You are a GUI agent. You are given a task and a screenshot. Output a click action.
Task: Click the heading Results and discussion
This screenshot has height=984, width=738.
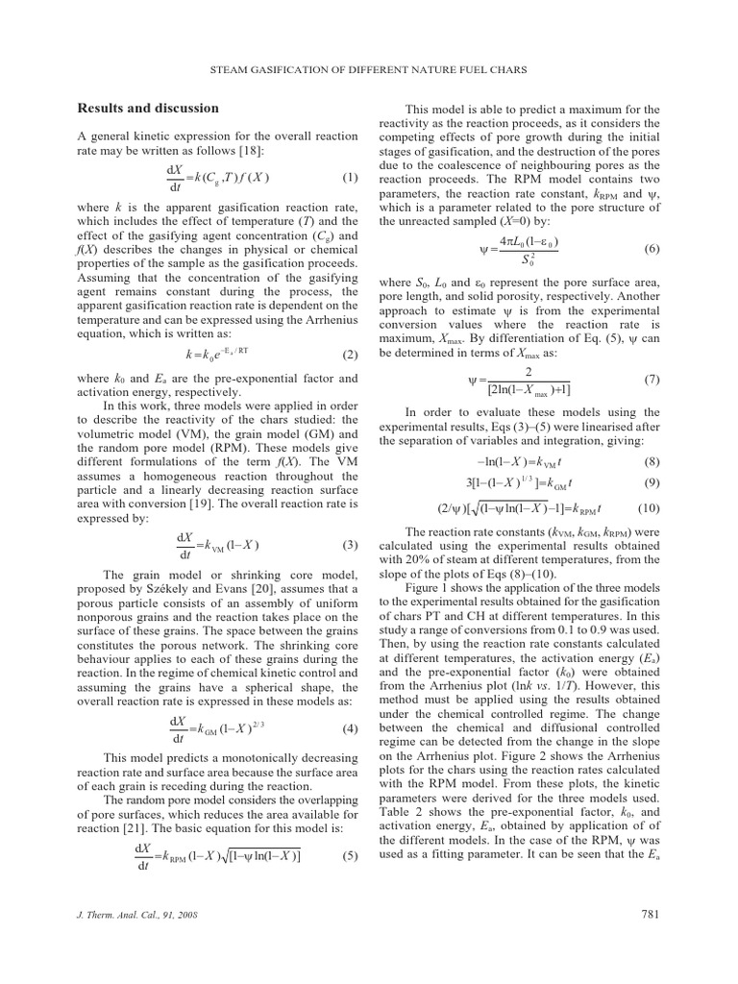click(x=147, y=109)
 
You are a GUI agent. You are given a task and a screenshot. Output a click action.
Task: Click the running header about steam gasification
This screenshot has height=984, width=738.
click(x=368, y=68)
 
